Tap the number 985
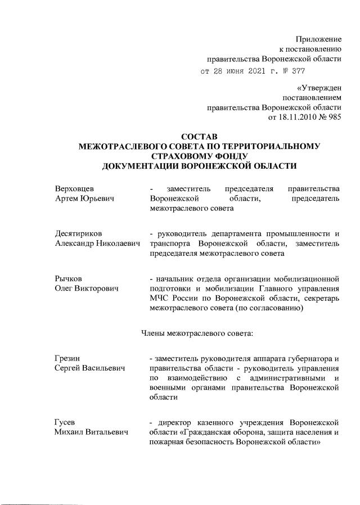(333, 117)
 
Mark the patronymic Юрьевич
(98, 199)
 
